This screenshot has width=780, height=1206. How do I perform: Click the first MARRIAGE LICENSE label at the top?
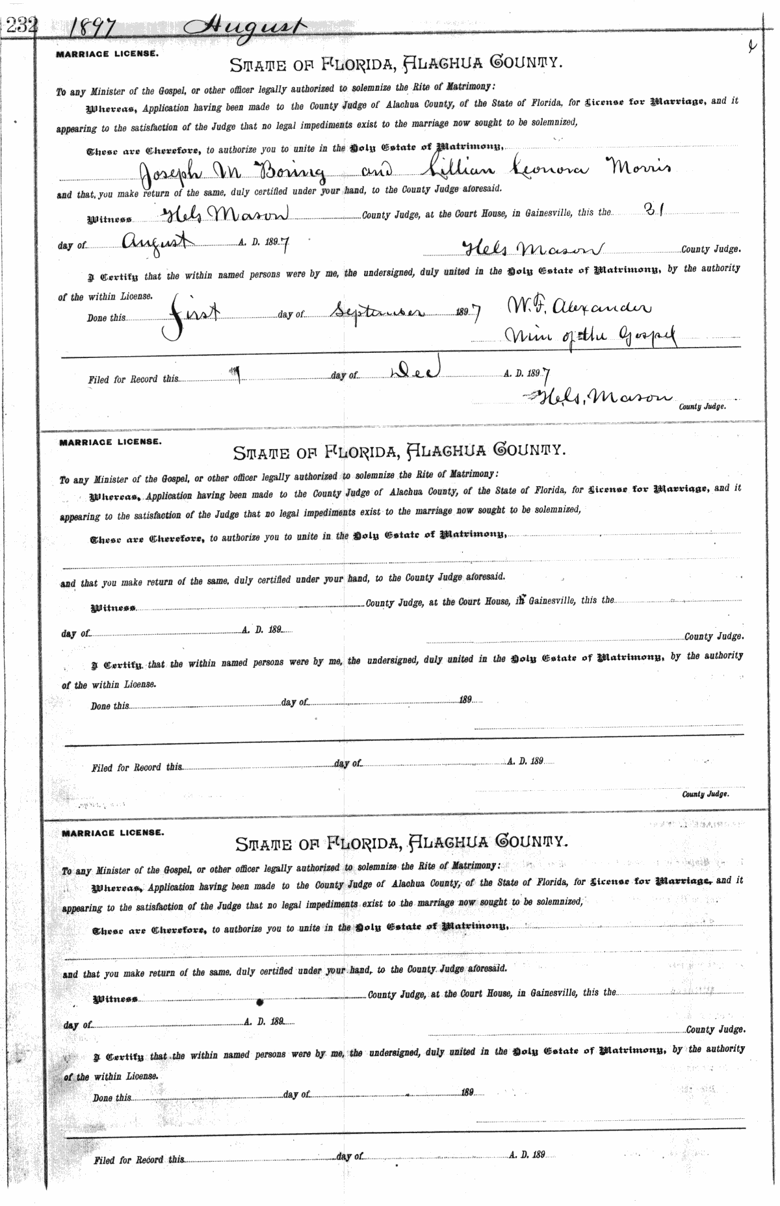coord(107,55)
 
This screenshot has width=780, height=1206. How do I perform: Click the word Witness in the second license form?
coord(112,609)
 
